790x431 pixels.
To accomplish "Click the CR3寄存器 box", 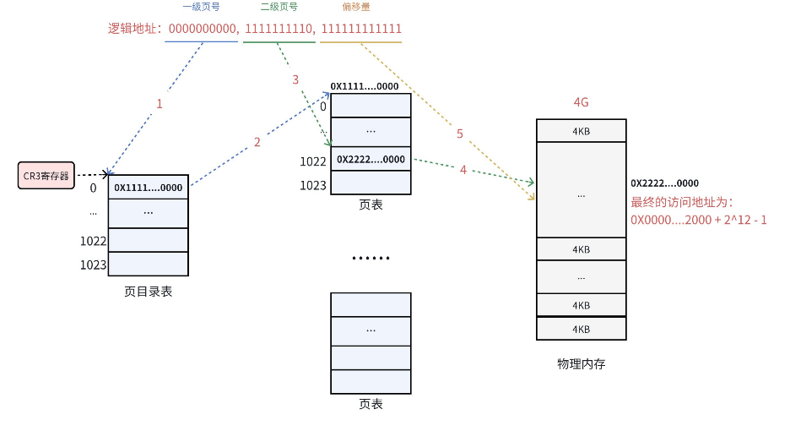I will [x=46, y=175].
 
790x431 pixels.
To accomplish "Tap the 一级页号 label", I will [x=201, y=7].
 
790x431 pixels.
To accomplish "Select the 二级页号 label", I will [x=279, y=7].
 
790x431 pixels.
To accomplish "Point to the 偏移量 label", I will [x=359, y=7].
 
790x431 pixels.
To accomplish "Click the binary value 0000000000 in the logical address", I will [x=203, y=29].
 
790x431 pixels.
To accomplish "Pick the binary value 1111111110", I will [x=279, y=29].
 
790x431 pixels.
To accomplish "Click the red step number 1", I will [x=159, y=104].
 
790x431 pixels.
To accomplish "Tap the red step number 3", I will [x=295, y=79].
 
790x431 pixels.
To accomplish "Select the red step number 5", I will [x=460, y=134].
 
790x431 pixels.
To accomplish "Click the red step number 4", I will [x=463, y=170].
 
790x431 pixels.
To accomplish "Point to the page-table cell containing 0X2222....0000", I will [x=371, y=159].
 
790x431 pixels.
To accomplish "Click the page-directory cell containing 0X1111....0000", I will [x=148, y=187].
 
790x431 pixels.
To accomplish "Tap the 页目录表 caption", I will [x=148, y=292].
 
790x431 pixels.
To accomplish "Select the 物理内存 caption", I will [x=581, y=363].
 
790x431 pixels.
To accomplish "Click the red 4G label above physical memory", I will [x=581, y=102].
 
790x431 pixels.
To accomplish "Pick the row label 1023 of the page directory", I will [x=93, y=265].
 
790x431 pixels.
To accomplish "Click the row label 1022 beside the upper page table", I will [x=312, y=161].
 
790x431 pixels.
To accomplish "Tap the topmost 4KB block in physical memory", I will [x=581, y=131].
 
